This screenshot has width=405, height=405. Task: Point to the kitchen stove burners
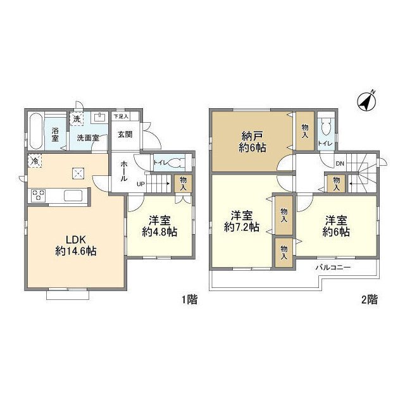pos(37,196)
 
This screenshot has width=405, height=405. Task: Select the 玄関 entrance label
pos(125,134)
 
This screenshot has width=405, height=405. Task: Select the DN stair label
pos(339,164)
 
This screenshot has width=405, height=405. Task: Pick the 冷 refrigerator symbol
pos(32,161)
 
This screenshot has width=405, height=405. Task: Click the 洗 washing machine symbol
pos(77,118)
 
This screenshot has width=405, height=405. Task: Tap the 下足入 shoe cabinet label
pos(121,116)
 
